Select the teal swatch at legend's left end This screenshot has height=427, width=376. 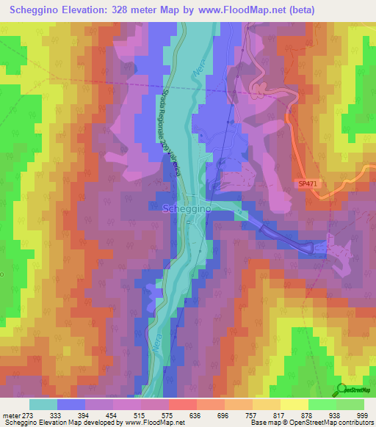[x=43, y=404]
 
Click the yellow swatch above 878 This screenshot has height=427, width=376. [x=294, y=404]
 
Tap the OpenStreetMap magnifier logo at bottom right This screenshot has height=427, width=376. [x=341, y=389]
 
